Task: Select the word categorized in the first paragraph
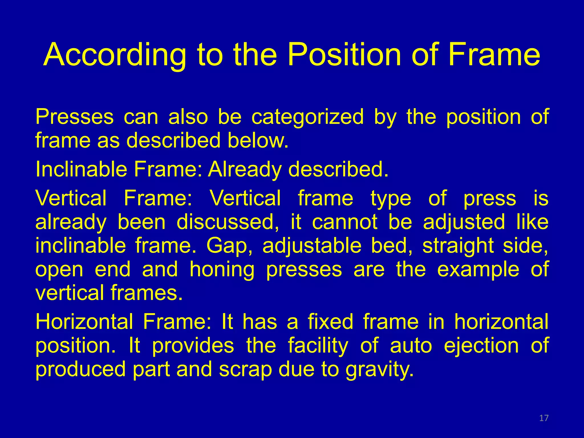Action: tap(307, 117)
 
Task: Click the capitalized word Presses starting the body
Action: tap(74, 117)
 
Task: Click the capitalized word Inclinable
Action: tap(81, 169)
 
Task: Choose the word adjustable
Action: tap(312, 246)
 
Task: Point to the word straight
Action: tap(458, 246)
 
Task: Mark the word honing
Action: tap(222, 270)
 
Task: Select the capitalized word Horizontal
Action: tap(84, 322)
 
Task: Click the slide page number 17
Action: tap(544, 418)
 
